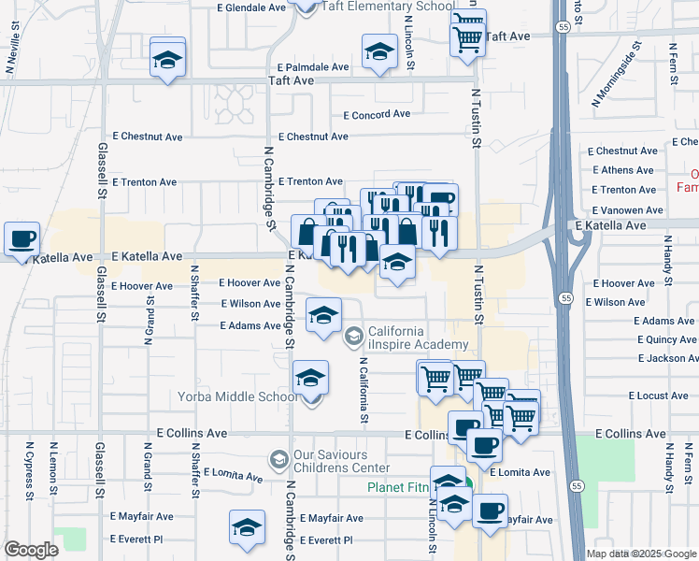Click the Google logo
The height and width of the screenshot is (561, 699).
point(31,550)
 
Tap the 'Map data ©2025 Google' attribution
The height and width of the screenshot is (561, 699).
point(641,554)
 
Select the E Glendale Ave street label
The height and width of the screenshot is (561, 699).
point(250,7)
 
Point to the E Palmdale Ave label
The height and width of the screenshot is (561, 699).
point(313,67)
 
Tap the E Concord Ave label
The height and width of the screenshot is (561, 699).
point(377,115)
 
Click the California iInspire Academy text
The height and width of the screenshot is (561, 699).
point(418,338)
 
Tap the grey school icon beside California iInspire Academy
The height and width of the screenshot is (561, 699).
point(354,336)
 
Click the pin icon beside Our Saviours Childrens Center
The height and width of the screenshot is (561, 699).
point(278,460)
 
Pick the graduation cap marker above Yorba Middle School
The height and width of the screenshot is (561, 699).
point(311,379)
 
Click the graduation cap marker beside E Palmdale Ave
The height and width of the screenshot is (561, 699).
point(379,52)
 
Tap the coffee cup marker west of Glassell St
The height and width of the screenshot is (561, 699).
point(21,238)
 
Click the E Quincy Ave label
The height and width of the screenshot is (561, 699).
point(666,340)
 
